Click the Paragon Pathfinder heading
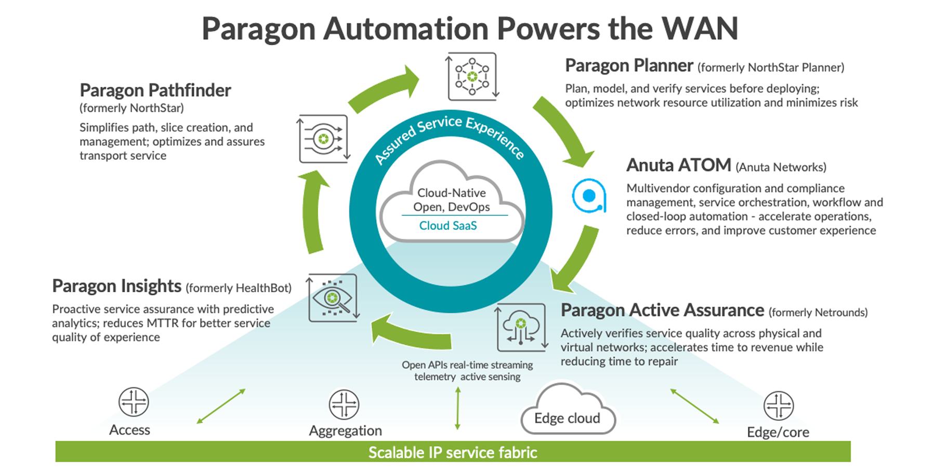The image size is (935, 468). click(x=155, y=90)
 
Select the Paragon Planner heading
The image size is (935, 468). click(x=629, y=66)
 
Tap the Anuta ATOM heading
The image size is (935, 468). click(x=678, y=165)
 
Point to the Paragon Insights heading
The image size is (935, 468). click(x=116, y=286)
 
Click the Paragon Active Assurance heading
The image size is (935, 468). click(x=662, y=310)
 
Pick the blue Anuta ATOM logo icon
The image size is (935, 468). click(x=589, y=196)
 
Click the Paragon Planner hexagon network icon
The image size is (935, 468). click(x=472, y=77)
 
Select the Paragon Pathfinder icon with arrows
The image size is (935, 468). click(x=323, y=139)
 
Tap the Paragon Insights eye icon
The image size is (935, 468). click(x=333, y=298)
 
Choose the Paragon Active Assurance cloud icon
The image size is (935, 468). click(x=521, y=328)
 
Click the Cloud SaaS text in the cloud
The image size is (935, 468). click(x=448, y=226)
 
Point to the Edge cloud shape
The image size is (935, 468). click(x=567, y=411)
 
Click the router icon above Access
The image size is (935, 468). click(x=134, y=402)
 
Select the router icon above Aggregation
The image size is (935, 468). click(x=344, y=404)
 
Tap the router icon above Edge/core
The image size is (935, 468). click(x=778, y=406)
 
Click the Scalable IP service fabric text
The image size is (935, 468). click(x=453, y=452)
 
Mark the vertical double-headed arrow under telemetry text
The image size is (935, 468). click(x=458, y=408)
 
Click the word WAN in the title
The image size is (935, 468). click(x=700, y=29)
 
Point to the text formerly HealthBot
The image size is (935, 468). click(x=239, y=288)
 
